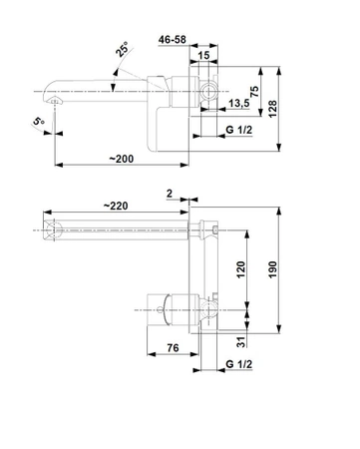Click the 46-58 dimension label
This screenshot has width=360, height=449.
pyautogui.click(x=173, y=40)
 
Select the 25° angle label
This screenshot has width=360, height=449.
pyautogui.click(x=122, y=49)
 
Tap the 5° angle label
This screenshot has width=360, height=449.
pyautogui.click(x=39, y=121)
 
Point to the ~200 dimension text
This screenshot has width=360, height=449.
pyautogui.click(x=122, y=159)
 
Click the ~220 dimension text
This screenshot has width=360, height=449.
pyautogui.click(x=116, y=206)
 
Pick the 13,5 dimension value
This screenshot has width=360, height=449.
pyautogui.click(x=239, y=103)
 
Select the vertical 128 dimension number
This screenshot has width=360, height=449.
pyautogui.click(x=272, y=109)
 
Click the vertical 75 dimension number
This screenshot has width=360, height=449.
pyautogui.click(x=254, y=91)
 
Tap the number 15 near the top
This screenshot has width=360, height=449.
pyautogui.click(x=203, y=55)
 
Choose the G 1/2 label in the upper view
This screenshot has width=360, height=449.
pyautogui.click(x=239, y=130)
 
